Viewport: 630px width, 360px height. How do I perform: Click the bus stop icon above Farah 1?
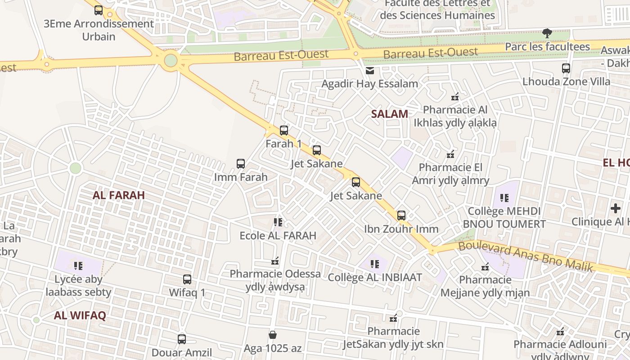[284, 130]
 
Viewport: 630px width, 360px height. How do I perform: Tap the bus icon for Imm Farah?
[241, 164]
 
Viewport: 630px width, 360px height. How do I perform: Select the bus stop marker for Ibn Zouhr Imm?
[401, 216]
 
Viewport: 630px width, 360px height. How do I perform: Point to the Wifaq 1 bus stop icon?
[187, 279]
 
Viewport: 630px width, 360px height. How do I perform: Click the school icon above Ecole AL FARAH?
[278, 222]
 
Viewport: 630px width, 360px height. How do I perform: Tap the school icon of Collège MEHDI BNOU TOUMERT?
[504, 198]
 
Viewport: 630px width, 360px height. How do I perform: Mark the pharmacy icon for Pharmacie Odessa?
[275, 261]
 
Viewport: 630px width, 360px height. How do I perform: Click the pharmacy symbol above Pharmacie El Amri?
[450, 155]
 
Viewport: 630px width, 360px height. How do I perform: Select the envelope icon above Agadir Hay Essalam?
[370, 71]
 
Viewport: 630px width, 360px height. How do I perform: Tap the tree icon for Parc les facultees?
[547, 33]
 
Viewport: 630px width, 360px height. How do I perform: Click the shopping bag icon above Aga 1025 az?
[273, 335]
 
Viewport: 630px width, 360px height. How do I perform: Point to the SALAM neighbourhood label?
[390, 114]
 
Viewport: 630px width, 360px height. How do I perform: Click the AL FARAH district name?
[119, 195]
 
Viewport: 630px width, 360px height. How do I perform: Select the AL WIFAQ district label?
[80, 315]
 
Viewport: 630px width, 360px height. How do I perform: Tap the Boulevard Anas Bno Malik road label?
[526, 256]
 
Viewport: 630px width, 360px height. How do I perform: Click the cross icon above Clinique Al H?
[616, 208]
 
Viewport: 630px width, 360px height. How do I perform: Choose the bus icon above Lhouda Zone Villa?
[566, 68]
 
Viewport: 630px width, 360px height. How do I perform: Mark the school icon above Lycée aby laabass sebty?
[78, 266]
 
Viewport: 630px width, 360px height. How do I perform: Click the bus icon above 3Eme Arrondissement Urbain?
[99, 10]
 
